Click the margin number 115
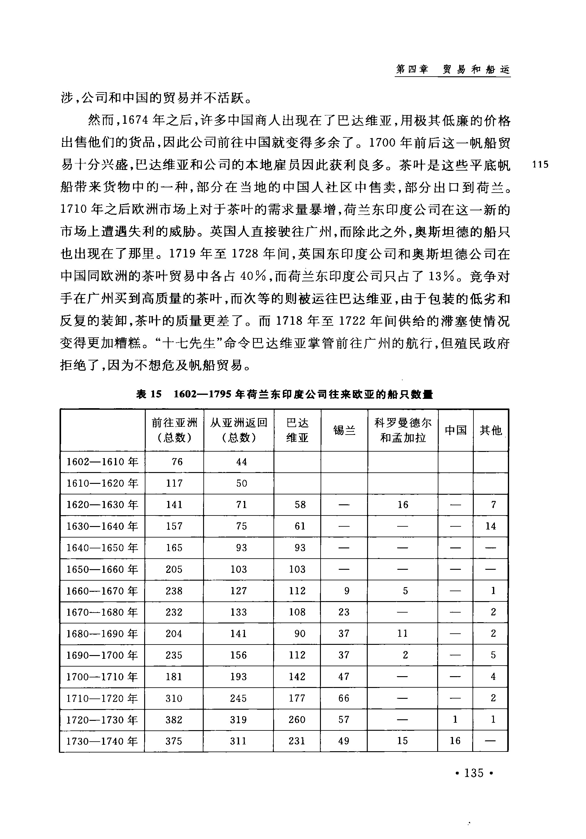540,164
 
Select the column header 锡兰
344,430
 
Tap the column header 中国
455,430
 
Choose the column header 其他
491,430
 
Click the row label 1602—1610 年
102,462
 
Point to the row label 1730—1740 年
102,741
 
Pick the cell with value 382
174,720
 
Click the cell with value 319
238,720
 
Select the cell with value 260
297,720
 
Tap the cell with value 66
344,698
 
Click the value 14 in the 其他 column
491,526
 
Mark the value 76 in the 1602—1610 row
177,462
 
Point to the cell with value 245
238,698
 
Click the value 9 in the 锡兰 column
347,591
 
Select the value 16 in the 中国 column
455,741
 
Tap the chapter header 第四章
412,69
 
